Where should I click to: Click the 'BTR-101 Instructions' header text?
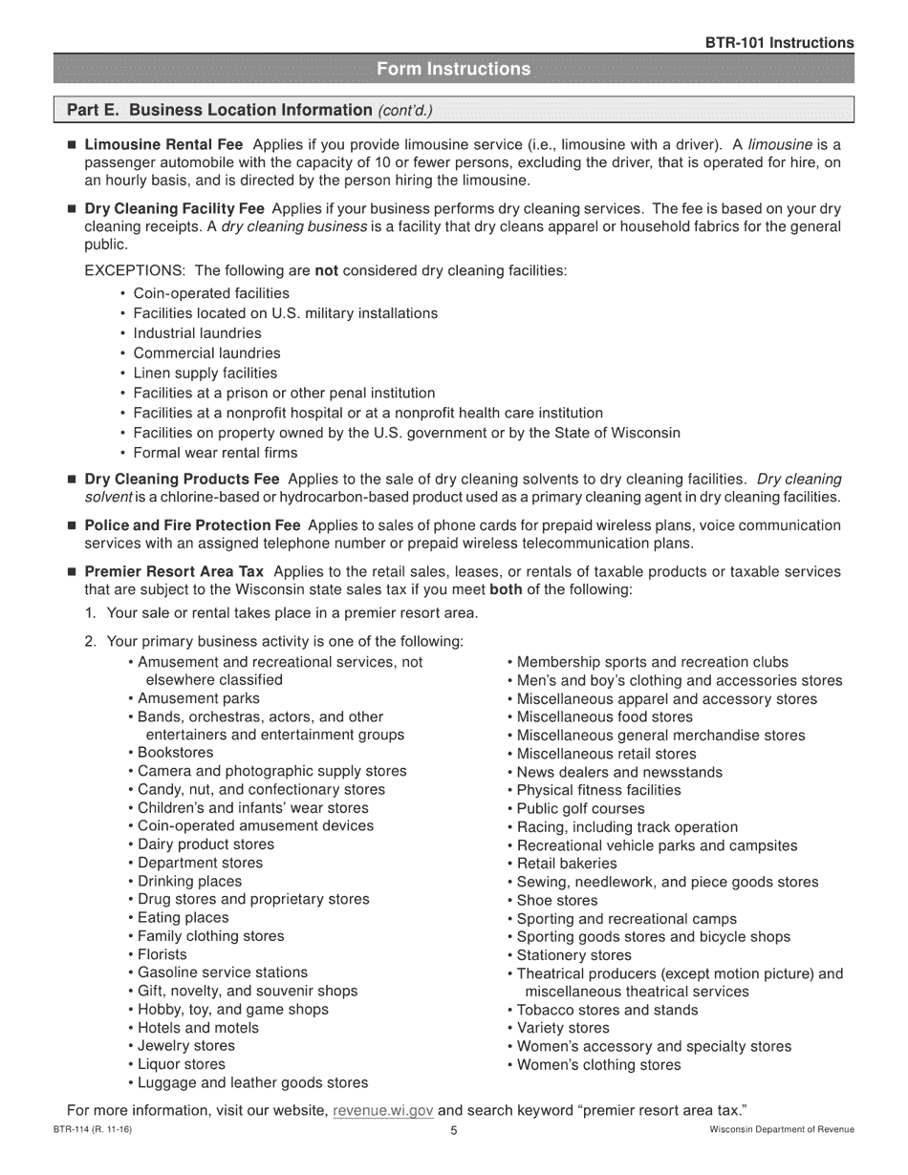coord(779,43)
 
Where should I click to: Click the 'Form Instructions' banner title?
coord(453,69)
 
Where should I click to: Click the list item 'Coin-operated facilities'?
coord(210,293)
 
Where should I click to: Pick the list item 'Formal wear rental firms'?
coord(215,453)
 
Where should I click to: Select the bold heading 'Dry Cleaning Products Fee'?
coord(183,479)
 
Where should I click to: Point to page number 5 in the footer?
coord(454,1131)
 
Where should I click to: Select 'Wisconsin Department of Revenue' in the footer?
coord(782,1130)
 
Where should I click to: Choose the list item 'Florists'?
coord(162,954)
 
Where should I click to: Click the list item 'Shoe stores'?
coord(557,900)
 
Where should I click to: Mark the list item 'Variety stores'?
coord(563,1028)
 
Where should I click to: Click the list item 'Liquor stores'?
coord(182,1064)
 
